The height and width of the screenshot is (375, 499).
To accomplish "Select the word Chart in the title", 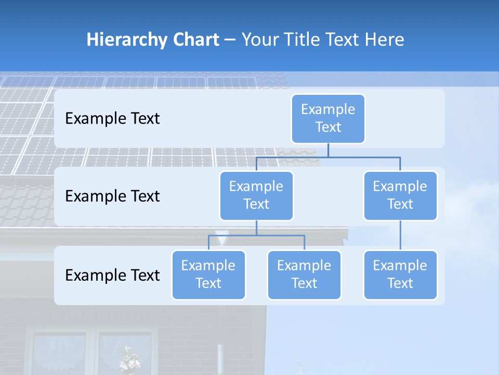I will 193,40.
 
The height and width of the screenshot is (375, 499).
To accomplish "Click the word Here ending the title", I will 385,40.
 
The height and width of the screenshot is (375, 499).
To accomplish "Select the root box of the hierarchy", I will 328,118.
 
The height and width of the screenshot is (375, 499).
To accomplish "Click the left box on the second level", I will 256,195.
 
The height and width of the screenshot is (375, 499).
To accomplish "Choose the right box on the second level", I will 400,195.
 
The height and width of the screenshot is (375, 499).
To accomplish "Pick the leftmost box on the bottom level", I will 208,274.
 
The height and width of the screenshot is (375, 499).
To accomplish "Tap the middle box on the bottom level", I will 304,274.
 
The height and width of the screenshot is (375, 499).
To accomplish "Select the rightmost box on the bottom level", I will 400,274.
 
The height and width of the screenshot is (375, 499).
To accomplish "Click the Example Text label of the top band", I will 112,118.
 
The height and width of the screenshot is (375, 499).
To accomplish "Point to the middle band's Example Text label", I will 112,196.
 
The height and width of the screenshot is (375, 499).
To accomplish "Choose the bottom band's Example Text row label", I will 112,275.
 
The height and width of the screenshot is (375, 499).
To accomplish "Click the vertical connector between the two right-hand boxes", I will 400,235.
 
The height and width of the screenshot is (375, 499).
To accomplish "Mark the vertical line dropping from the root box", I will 328,150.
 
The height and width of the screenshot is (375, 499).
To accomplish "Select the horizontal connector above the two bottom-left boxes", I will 256,235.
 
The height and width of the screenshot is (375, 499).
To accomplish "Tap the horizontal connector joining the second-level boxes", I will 328,157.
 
